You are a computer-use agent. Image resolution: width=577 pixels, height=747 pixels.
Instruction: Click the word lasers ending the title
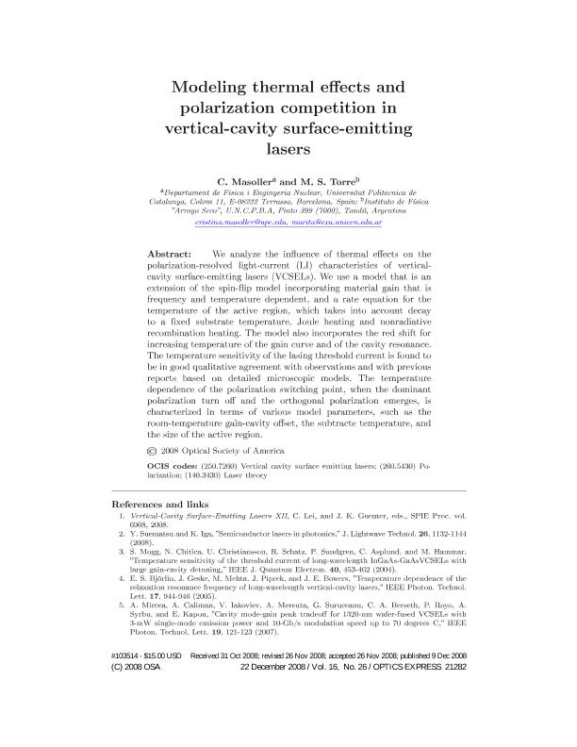tap(288, 148)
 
